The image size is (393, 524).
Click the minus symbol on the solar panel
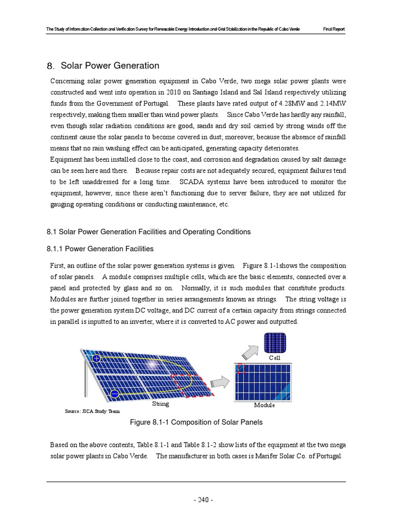point(115,394)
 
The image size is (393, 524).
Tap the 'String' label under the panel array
point(160,404)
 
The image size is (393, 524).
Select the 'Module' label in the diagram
point(264,405)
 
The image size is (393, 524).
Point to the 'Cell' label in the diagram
point(275,358)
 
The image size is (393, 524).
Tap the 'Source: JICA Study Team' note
point(92,411)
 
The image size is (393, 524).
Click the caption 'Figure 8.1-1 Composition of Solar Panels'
point(196,423)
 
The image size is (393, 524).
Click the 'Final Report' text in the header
point(334,30)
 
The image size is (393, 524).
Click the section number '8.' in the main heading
point(50,66)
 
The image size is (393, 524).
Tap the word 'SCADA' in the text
point(192,182)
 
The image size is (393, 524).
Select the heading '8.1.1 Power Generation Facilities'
point(100,249)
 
